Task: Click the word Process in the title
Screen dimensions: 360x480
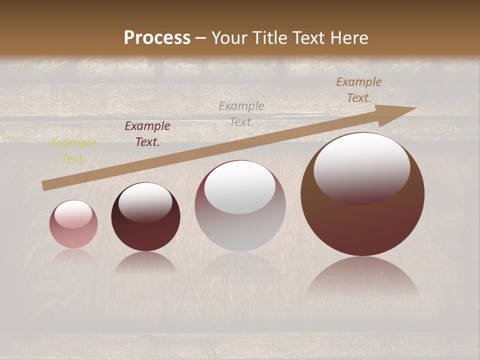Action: point(157,38)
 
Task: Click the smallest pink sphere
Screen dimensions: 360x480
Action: point(73,224)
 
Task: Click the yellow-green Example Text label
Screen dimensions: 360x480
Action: point(73,151)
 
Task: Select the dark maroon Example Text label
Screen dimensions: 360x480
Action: point(147,134)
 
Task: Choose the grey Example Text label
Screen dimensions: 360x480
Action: point(241,113)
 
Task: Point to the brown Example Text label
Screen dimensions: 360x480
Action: point(358,90)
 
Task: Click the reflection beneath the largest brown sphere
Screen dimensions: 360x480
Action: point(362,277)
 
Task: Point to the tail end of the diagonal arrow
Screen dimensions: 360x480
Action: point(45,186)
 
